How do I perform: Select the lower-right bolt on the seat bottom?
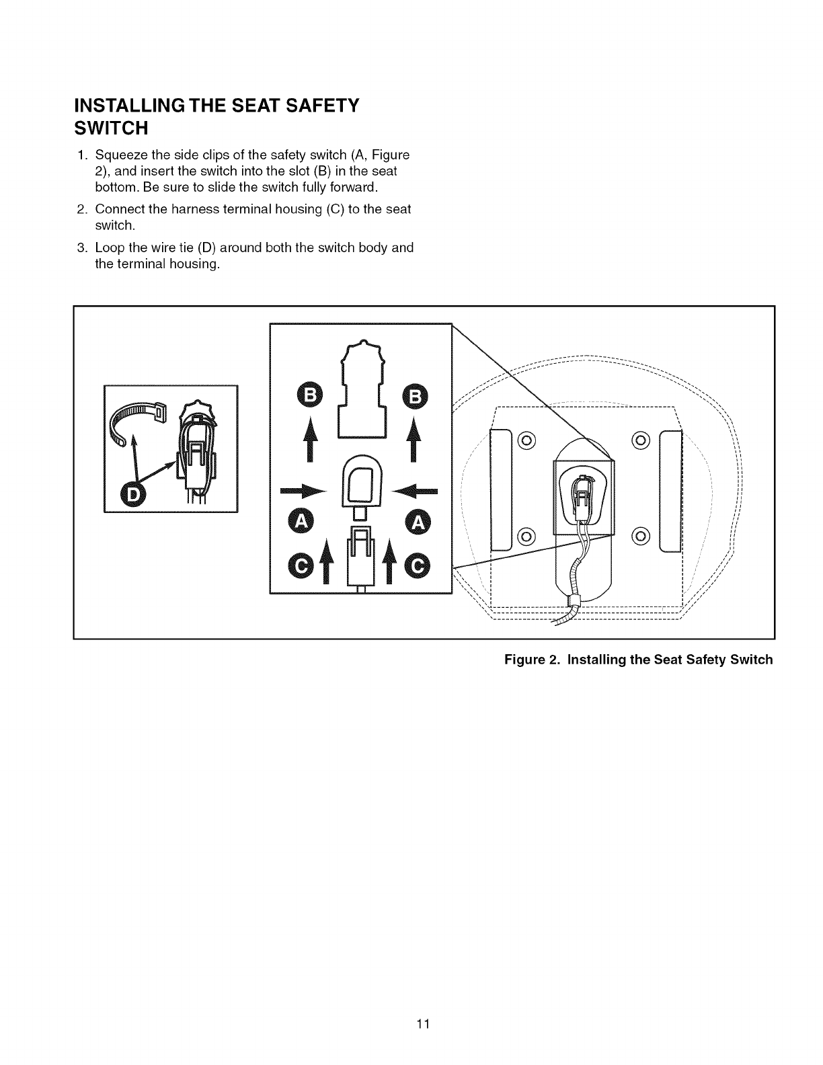coord(641,536)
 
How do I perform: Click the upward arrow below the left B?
coord(310,438)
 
